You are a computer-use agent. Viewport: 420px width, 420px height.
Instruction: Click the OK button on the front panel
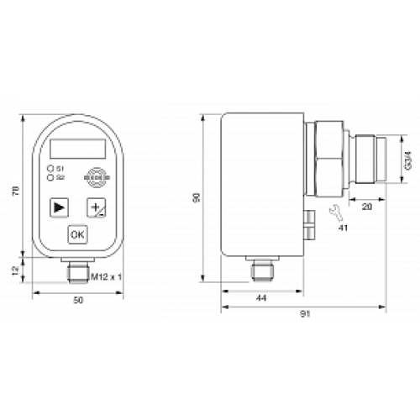[x=77, y=234]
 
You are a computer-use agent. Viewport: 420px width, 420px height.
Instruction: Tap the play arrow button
[x=59, y=207]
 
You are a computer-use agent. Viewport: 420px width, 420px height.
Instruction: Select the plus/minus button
[x=94, y=207]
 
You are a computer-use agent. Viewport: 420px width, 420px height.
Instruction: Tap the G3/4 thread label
[x=407, y=160]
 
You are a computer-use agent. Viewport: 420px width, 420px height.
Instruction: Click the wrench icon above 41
[x=333, y=210]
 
